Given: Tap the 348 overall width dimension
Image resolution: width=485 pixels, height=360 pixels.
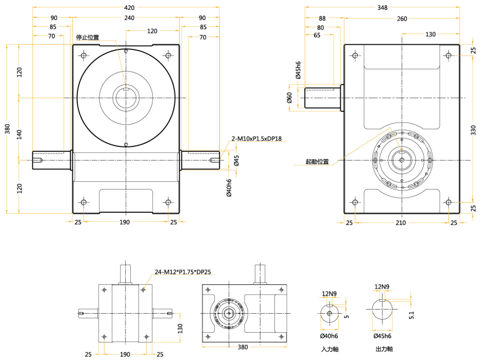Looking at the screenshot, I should [382, 8].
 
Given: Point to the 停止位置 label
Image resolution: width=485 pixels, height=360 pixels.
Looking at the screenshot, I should [88, 37].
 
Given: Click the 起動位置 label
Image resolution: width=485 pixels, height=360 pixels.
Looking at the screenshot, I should [317, 161].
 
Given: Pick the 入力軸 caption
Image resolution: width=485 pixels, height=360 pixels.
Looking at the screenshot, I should [330, 349].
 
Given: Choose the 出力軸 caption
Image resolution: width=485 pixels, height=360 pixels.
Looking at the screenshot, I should [384, 349].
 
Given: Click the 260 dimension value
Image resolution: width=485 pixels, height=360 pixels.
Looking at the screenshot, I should [402, 19].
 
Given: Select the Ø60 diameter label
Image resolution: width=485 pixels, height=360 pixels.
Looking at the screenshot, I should [289, 97].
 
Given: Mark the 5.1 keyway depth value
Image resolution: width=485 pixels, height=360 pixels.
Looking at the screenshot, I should [411, 314].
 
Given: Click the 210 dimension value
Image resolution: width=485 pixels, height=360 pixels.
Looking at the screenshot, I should [401, 222].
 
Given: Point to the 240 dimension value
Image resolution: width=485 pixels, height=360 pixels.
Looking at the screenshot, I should [129, 18].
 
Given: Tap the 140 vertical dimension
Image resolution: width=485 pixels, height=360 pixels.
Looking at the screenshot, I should [20, 135].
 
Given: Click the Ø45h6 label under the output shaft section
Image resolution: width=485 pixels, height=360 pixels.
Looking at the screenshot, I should [384, 336].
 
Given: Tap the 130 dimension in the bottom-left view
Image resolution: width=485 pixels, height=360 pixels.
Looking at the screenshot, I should [180, 328].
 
